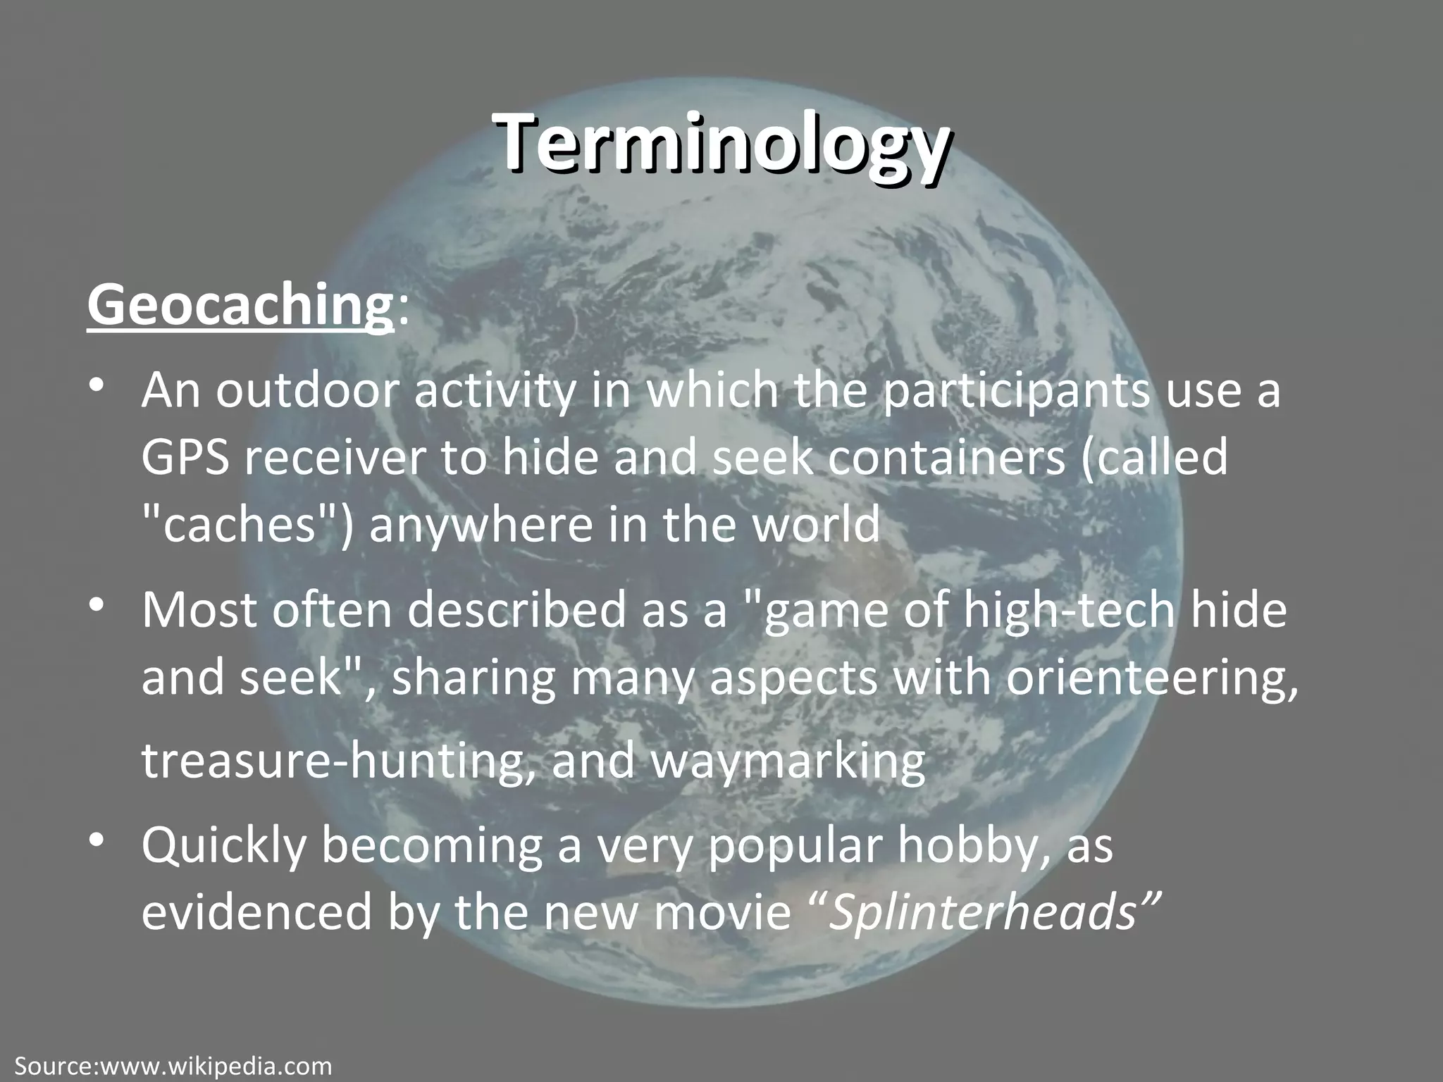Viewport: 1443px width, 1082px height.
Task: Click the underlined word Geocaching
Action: coord(240,306)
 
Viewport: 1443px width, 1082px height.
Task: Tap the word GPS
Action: coord(185,458)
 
